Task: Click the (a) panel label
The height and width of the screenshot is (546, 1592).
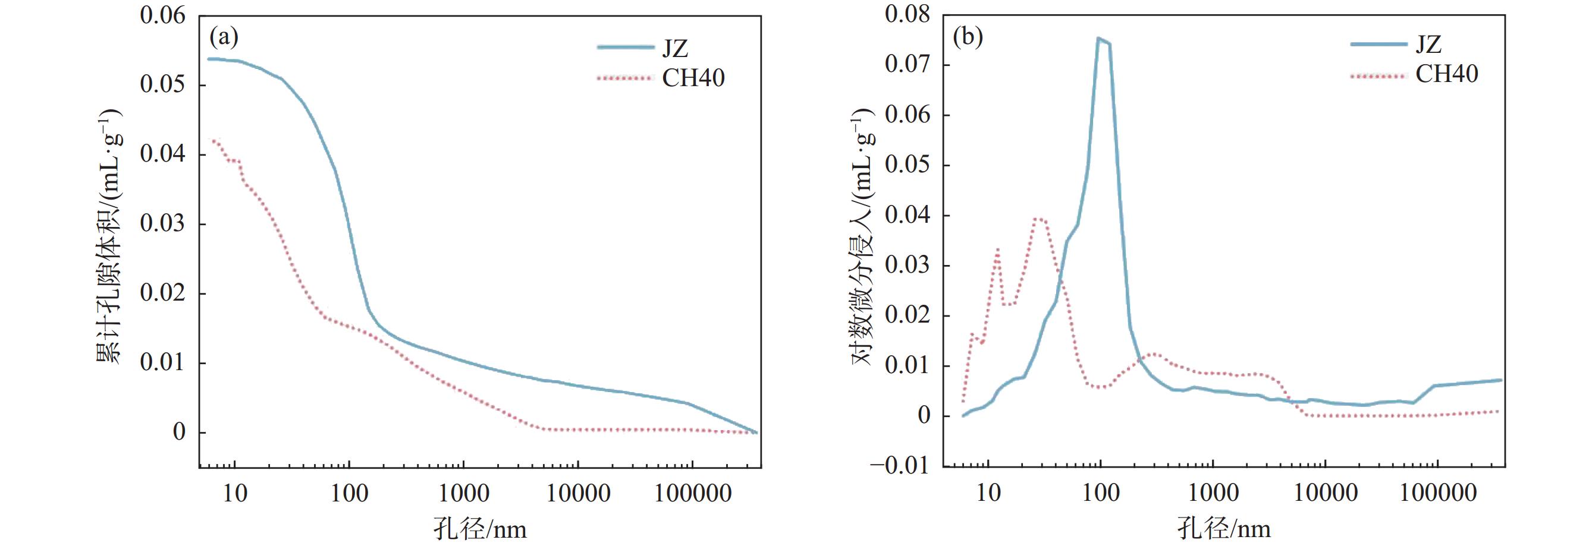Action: pyautogui.click(x=224, y=38)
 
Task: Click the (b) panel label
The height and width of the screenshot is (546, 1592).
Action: pyautogui.click(x=968, y=38)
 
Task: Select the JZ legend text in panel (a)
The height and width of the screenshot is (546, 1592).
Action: pyautogui.click(x=675, y=48)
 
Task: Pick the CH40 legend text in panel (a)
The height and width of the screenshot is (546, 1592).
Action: pyautogui.click(x=693, y=78)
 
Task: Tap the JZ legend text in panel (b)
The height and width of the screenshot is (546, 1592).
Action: pyautogui.click(x=1428, y=45)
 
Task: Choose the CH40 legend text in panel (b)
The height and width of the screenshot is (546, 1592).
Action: pyautogui.click(x=1446, y=75)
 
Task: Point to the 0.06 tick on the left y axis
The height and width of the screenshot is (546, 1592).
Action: pyautogui.click(x=162, y=15)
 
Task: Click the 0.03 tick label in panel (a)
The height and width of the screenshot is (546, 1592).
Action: pyautogui.click(x=162, y=223)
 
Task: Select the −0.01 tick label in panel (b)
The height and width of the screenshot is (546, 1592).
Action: pyautogui.click(x=899, y=465)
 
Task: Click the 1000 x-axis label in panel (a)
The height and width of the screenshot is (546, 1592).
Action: pyautogui.click(x=463, y=493)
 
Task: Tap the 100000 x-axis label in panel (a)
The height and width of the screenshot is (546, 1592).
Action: pyautogui.click(x=692, y=493)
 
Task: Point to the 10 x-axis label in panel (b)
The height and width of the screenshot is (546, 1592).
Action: pyautogui.click(x=988, y=493)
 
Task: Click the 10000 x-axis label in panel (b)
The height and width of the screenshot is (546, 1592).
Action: pyautogui.click(x=1325, y=493)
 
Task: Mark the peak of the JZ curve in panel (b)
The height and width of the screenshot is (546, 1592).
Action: pyautogui.click(x=1099, y=38)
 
